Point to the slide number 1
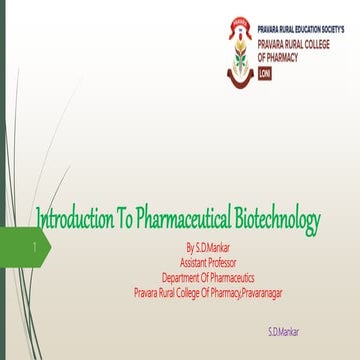(x=35, y=245)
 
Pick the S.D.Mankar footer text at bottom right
(x=283, y=330)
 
